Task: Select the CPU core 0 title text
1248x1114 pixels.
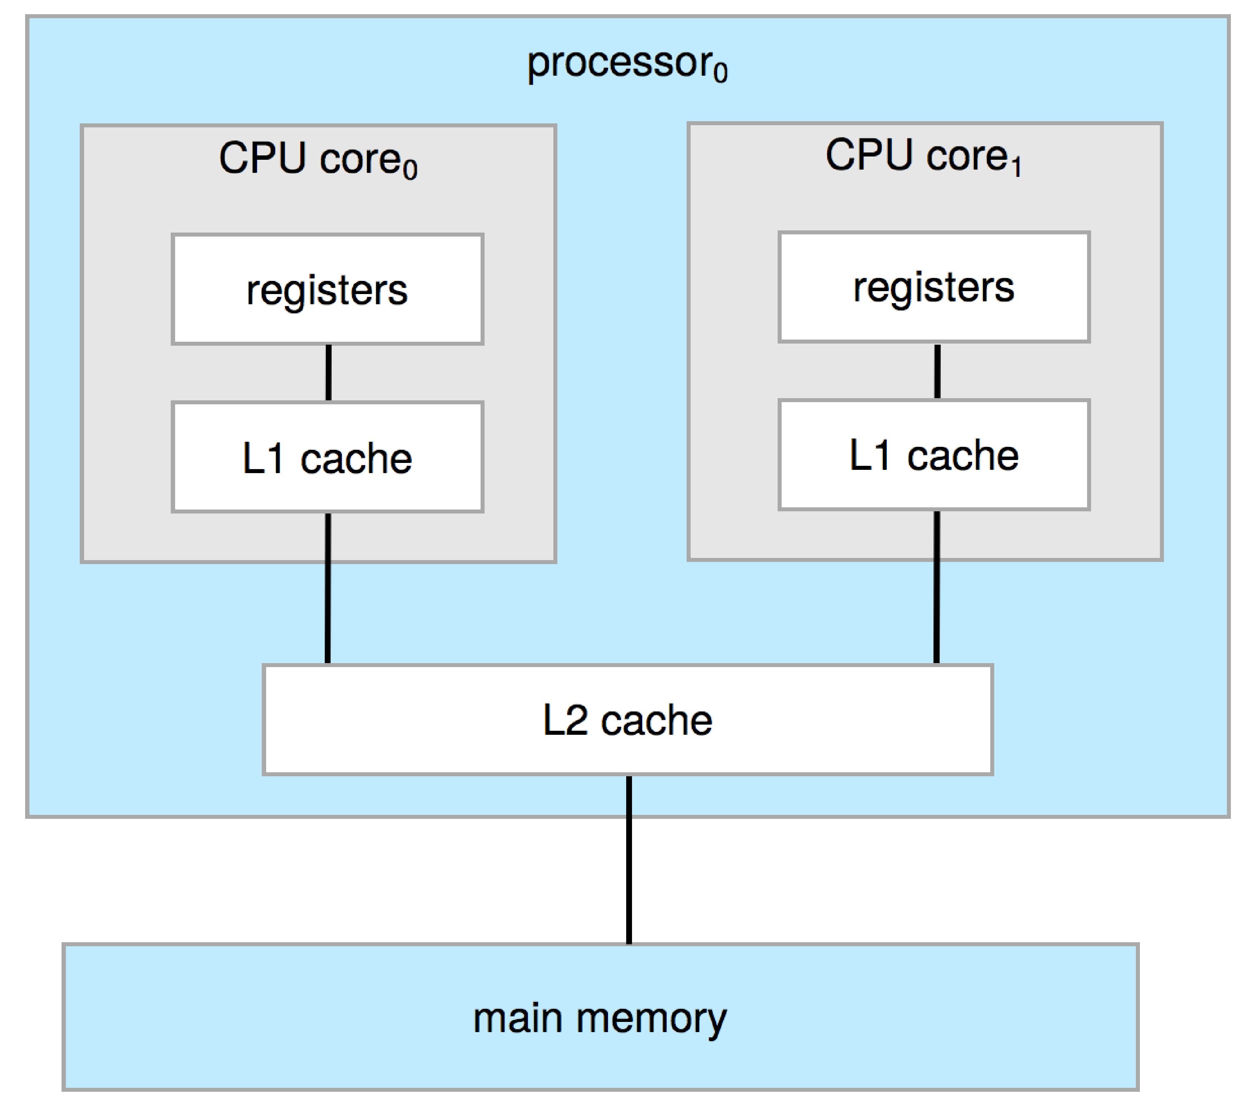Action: (318, 159)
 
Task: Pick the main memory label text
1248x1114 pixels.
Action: (600, 1019)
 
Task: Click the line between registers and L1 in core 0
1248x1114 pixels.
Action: (328, 373)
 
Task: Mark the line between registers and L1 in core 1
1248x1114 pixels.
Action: (937, 371)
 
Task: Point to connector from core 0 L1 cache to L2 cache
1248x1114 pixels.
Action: (328, 588)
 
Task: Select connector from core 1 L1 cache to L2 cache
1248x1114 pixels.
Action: (936, 586)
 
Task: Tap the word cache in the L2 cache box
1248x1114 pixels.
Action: (656, 721)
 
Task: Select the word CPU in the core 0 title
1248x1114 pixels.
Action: (262, 158)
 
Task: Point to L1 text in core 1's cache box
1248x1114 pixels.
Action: (869, 455)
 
